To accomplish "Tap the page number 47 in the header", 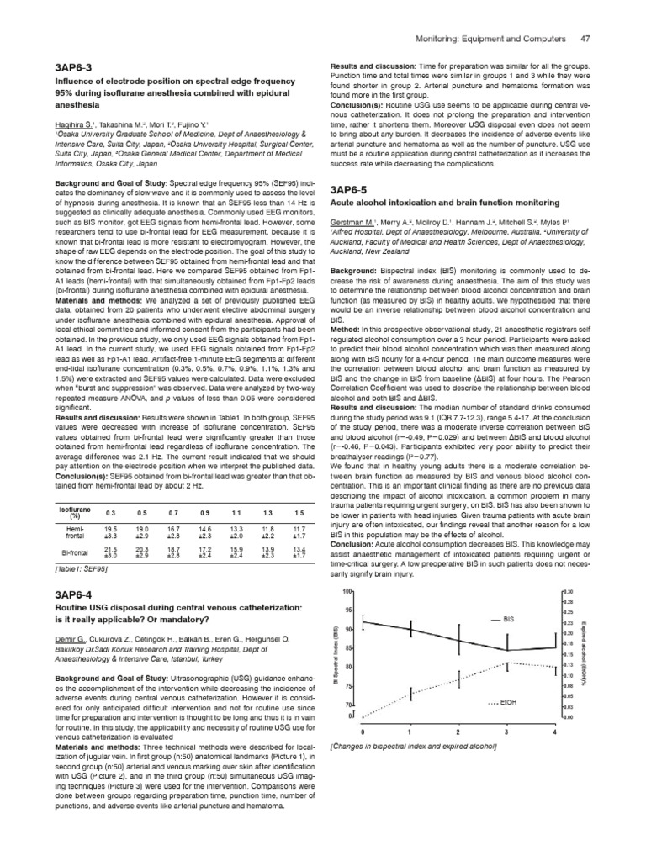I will [585, 40].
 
